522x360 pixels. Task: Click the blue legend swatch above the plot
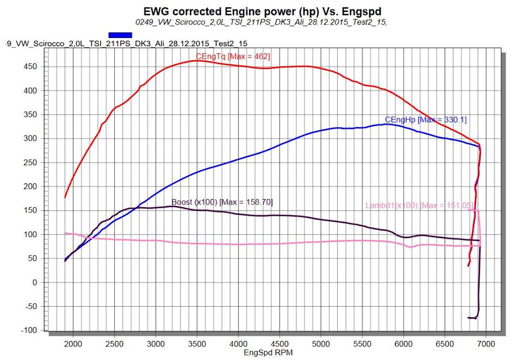tap(120, 34)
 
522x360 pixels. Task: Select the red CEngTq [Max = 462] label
tap(233, 57)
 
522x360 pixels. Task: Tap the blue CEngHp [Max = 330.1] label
tap(426, 120)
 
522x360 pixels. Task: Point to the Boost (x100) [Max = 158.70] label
tap(222, 202)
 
